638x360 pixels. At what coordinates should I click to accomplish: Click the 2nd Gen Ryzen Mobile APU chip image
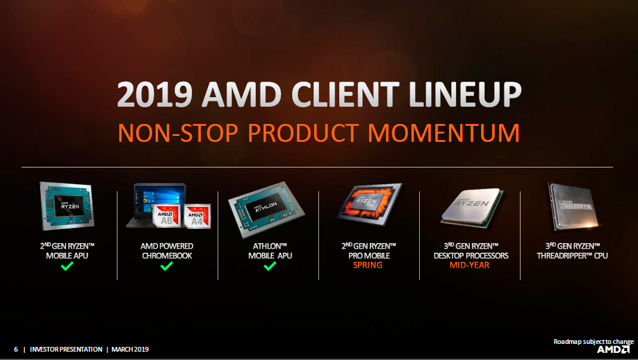point(67,206)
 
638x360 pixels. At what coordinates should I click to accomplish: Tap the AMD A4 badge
point(197,216)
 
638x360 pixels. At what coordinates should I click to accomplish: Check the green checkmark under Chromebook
point(166,266)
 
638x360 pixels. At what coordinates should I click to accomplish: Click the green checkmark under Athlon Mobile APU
point(270,266)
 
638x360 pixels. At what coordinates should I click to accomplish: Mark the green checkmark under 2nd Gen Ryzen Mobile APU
point(67,266)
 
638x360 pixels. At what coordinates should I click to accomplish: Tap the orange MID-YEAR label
point(469,265)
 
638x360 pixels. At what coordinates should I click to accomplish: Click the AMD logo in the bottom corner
point(614,350)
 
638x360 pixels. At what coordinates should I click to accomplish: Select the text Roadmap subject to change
point(593,342)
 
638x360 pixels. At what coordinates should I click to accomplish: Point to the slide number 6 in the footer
point(16,349)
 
